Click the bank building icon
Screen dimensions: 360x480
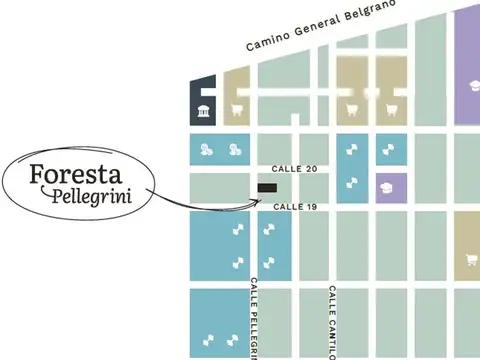[x=204, y=110]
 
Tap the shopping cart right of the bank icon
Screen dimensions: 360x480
[x=237, y=110]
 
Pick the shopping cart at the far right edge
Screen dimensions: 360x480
[x=471, y=261]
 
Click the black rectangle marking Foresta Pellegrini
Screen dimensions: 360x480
[x=268, y=187]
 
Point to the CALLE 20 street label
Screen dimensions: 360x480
[x=296, y=170]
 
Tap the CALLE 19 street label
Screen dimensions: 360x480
[x=296, y=206]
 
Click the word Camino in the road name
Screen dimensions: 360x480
[x=269, y=41]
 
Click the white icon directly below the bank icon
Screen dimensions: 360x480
[x=205, y=150]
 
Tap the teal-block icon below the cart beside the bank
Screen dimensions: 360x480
[x=236, y=150]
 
